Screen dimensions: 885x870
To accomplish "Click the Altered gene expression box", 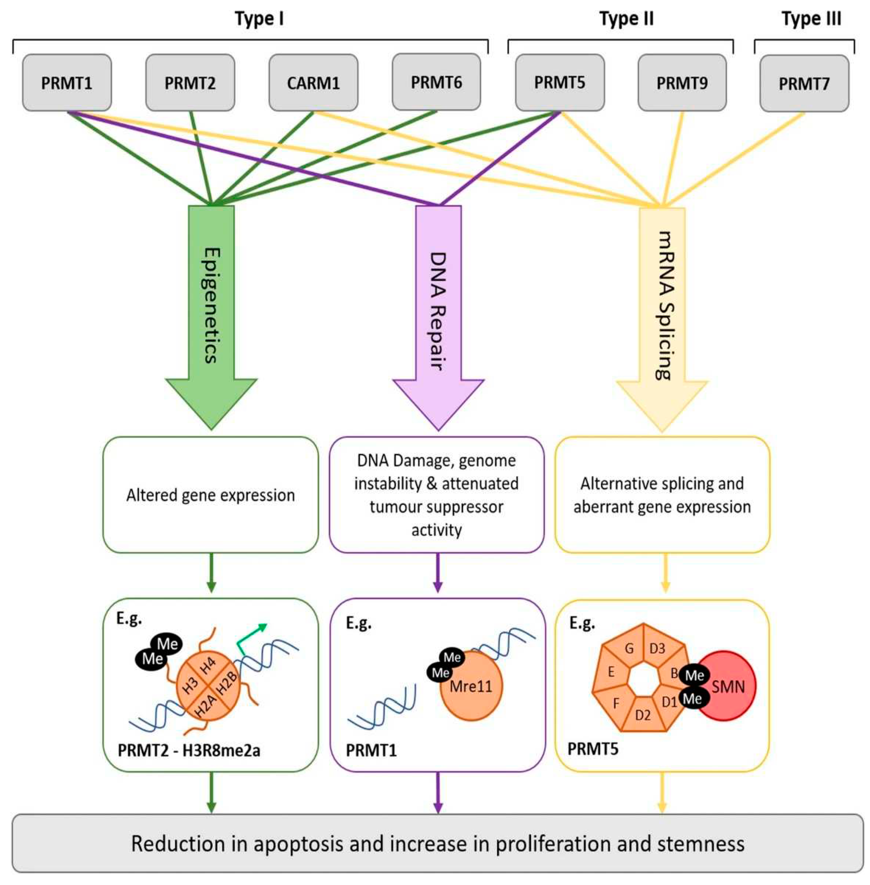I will pyautogui.click(x=211, y=495).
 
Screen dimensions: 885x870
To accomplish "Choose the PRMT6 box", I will pyautogui.click(x=436, y=82).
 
